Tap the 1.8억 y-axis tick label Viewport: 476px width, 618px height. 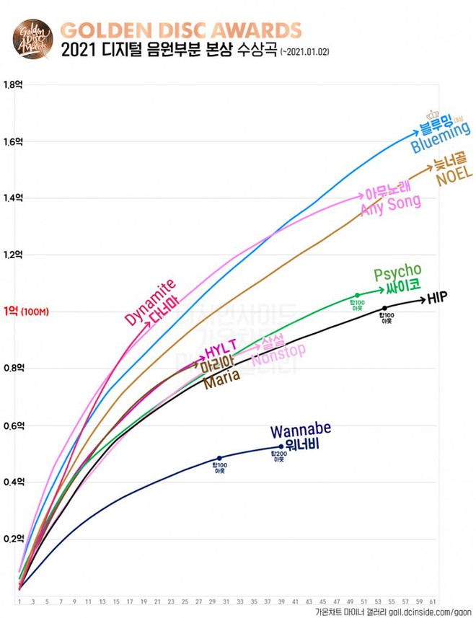14,84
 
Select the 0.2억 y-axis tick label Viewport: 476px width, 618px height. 14,539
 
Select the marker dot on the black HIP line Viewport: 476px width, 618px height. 384,309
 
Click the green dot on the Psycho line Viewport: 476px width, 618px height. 357,295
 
